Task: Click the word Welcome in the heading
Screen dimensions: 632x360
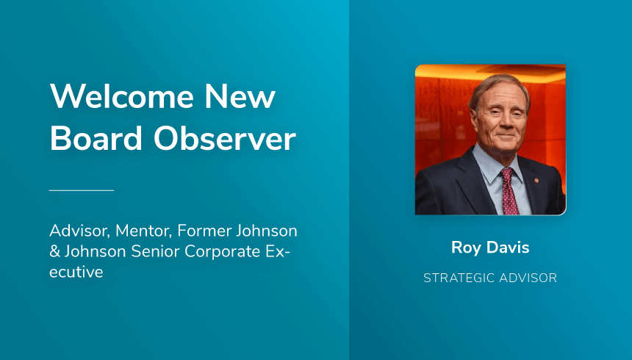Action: tap(122, 96)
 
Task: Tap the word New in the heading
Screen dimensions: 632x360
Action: tap(240, 96)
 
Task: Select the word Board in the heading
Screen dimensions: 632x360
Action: tap(96, 138)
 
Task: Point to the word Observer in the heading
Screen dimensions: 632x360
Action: tap(225, 138)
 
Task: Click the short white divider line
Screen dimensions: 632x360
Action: tap(82, 190)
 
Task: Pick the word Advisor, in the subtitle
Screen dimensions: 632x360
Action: tap(79, 231)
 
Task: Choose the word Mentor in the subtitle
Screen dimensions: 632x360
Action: tap(144, 231)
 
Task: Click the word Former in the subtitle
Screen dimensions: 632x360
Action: tap(205, 231)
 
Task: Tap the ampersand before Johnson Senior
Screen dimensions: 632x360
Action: tap(54, 251)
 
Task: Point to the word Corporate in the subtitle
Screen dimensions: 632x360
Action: tap(223, 252)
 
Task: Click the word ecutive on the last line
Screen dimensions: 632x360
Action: tap(76, 272)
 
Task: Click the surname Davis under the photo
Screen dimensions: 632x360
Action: tap(508, 247)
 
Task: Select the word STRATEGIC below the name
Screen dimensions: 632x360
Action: tap(459, 278)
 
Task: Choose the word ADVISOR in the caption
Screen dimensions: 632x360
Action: tap(528, 278)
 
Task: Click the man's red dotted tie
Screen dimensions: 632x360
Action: tap(509, 192)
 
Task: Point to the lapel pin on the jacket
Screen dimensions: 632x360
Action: tap(536, 180)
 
